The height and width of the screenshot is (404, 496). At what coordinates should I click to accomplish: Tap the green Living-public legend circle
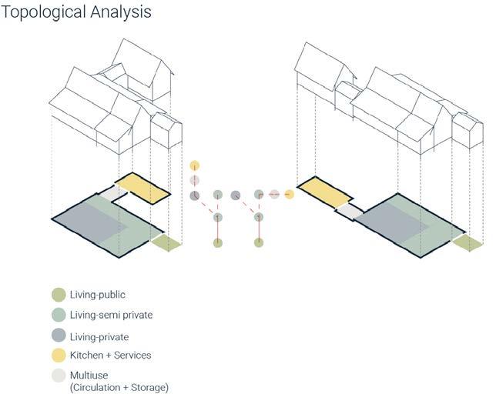[59, 295]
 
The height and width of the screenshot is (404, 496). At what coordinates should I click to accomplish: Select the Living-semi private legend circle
[59, 316]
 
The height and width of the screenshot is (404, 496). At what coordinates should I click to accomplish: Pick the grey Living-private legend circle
[59, 336]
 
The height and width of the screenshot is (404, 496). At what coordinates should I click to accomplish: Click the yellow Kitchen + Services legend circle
[59, 356]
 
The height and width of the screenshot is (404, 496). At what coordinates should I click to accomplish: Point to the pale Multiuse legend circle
[59, 376]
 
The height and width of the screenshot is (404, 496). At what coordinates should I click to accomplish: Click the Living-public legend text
[98, 295]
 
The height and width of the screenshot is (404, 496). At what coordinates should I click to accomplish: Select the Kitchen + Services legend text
[110, 356]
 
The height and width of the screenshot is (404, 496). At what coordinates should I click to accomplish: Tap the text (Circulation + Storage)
[119, 387]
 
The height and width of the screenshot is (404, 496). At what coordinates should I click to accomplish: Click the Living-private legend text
[99, 336]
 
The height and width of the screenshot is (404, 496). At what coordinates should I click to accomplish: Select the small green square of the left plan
[166, 243]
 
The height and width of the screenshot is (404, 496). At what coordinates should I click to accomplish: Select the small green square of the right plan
[468, 243]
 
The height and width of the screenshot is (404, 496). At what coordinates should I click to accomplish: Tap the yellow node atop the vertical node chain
[195, 165]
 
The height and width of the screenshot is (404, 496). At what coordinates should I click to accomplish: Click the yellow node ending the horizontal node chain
[289, 195]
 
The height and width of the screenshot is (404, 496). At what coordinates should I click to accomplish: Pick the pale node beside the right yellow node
[274, 195]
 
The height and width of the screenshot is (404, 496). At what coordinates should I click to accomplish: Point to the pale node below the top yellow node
[195, 180]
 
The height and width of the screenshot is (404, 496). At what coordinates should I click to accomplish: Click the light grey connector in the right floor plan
[349, 210]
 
